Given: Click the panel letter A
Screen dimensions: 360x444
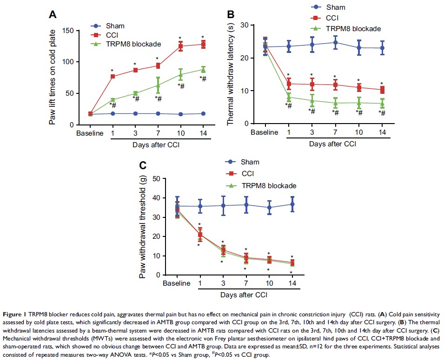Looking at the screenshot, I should pos(53,15).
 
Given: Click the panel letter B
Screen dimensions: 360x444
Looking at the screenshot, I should pos(230,15).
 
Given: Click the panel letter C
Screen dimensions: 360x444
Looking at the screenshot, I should pos(143,165).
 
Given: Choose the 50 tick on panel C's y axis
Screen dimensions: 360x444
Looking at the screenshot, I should pos(156,178).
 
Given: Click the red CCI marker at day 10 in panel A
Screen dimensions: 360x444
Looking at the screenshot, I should pos(180,46).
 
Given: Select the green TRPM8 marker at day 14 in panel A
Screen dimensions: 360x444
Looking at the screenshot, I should pos(203,70).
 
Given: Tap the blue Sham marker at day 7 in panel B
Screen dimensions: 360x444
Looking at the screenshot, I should pos(335,42).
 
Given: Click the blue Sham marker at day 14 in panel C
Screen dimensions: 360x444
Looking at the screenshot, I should pos(292,204).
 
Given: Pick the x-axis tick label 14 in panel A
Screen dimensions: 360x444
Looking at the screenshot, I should pos(203,133).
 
